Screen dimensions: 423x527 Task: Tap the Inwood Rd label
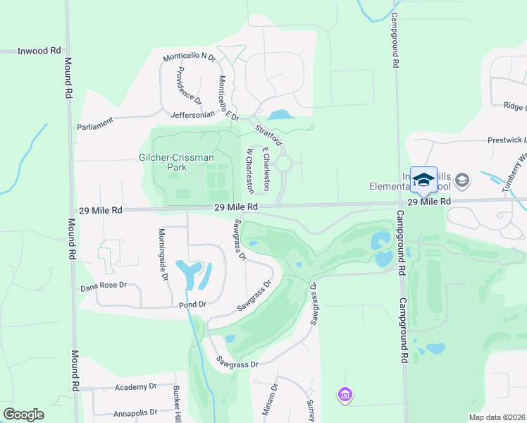tap(39, 51)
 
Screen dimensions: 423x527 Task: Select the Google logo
tap(23, 415)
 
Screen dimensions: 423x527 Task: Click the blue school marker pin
tap(423, 180)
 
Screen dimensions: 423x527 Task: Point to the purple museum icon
tap(345, 394)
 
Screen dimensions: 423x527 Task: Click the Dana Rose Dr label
tap(103, 286)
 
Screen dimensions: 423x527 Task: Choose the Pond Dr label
tap(192, 305)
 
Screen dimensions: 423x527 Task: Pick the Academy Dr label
tap(135, 387)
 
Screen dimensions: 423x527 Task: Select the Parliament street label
tap(95, 124)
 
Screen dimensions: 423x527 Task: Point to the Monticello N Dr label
tap(189, 56)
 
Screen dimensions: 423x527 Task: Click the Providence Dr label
tap(189, 85)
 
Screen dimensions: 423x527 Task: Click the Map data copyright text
tap(497, 417)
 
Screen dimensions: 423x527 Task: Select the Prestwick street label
tap(507, 140)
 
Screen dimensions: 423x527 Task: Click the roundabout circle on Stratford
tap(284, 164)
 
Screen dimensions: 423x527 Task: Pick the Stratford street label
tap(268, 133)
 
